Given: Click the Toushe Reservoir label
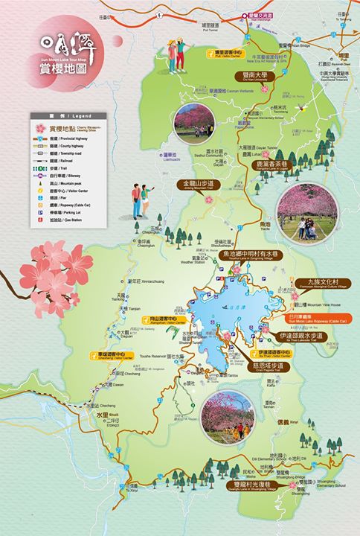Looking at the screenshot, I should [157, 357].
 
